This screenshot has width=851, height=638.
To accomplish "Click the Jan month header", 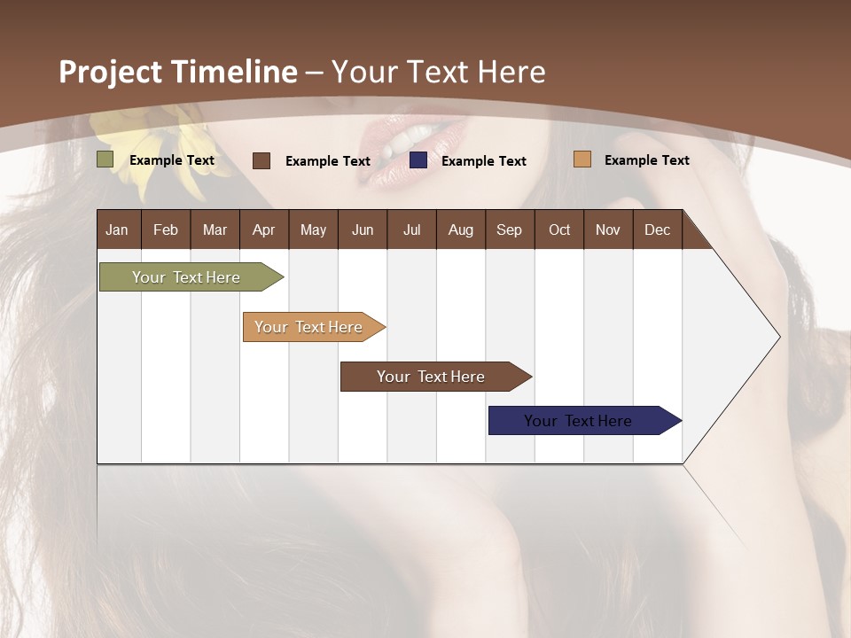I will (x=117, y=230).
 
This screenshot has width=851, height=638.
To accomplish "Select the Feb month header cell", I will (x=166, y=230).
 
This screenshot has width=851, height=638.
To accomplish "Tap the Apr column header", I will (x=263, y=230).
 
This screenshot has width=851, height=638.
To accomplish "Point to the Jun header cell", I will (x=363, y=230).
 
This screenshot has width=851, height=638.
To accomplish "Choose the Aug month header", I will (x=460, y=230).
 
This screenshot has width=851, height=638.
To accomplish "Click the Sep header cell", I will (x=509, y=230).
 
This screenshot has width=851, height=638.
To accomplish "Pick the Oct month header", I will (x=559, y=230).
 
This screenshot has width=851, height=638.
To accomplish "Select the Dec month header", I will (x=657, y=230).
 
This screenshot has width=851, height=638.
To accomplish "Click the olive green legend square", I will (x=105, y=159).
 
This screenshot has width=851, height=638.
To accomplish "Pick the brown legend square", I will (x=262, y=160).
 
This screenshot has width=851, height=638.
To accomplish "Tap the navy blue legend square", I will (x=418, y=160).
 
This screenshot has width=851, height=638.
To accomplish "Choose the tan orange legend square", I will (x=582, y=159).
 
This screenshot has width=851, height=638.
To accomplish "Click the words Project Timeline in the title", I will (x=177, y=72).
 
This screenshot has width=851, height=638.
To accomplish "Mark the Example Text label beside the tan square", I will (x=646, y=159).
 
